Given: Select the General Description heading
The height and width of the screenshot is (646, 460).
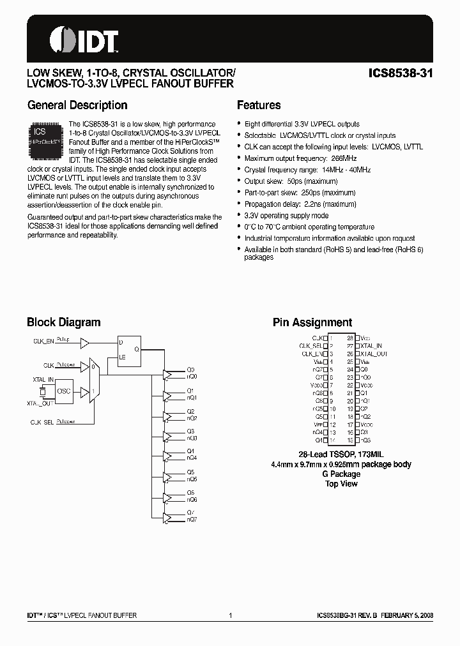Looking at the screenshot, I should [x=77, y=105].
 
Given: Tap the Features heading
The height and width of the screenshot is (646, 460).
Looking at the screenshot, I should [x=259, y=105].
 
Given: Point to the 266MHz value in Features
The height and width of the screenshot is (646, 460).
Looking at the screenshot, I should [x=346, y=158].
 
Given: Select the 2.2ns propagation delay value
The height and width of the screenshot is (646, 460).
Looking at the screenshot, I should [x=317, y=204].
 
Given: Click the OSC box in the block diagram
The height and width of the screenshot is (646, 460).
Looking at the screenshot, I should [x=64, y=390].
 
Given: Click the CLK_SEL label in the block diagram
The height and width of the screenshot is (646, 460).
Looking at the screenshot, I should [x=42, y=423].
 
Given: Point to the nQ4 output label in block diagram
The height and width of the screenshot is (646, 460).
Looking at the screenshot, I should [x=192, y=458].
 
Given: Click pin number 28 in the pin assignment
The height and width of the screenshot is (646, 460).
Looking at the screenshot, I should [x=350, y=338].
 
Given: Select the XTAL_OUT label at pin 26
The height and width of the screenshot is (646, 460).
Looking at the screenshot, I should [x=374, y=353].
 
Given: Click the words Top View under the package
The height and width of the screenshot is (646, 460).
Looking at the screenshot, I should [x=342, y=484].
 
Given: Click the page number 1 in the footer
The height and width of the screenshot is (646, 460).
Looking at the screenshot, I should [x=230, y=616].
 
